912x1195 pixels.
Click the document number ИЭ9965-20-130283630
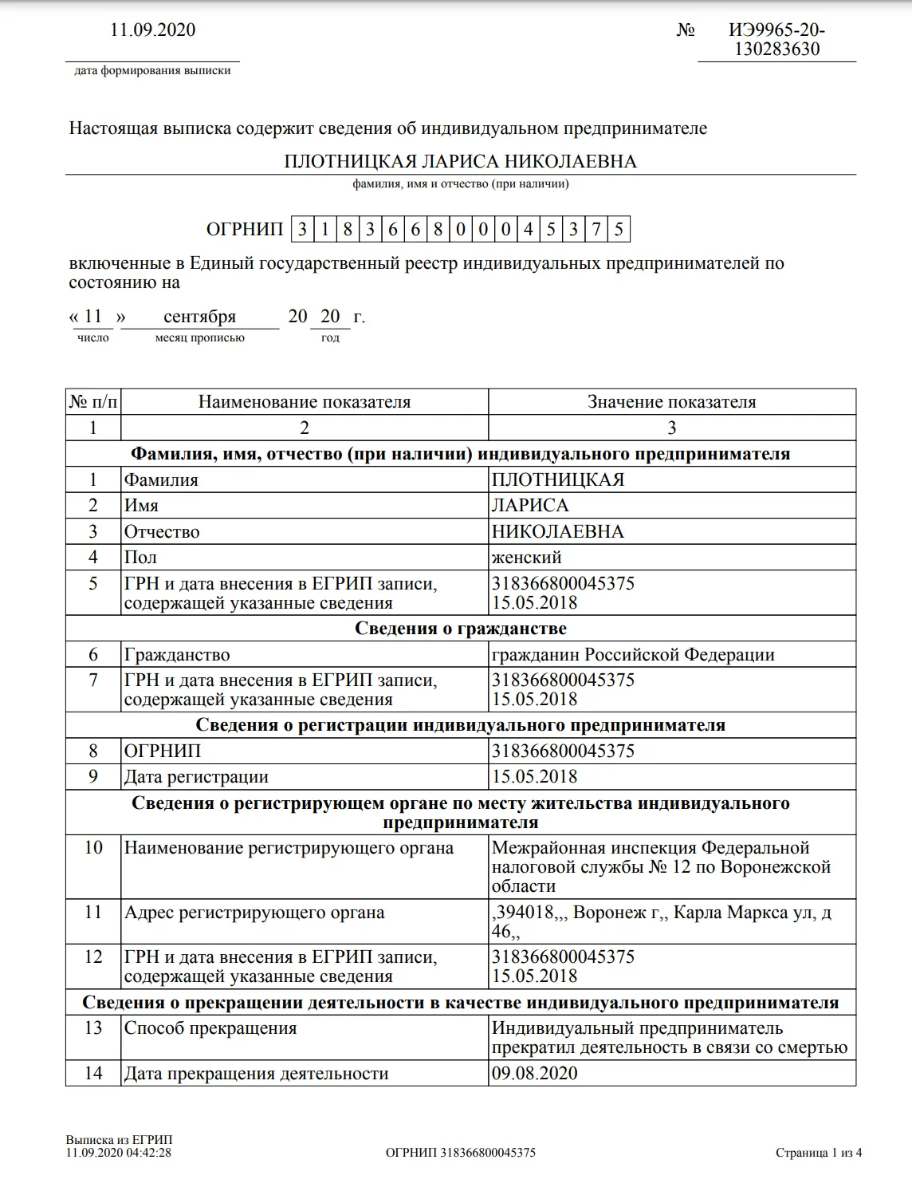point(776,39)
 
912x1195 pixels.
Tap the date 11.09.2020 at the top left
point(152,30)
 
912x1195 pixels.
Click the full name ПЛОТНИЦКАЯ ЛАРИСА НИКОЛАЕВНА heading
point(460,161)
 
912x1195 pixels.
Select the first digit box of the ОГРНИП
point(302,230)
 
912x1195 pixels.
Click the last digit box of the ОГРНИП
point(619,230)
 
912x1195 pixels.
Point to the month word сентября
point(199,317)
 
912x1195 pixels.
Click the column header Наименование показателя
point(304,402)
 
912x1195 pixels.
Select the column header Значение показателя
point(671,402)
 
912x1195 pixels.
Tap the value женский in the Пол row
point(526,558)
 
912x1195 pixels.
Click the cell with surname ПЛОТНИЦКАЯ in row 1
point(557,480)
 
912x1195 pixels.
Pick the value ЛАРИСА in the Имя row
point(530,506)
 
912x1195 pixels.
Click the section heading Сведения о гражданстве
point(460,629)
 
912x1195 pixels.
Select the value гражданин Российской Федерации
point(633,655)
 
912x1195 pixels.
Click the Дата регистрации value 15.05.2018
point(533,777)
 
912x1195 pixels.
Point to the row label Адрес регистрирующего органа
point(254,913)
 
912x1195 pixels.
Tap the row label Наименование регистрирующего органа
point(288,848)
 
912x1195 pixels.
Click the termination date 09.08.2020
point(533,1074)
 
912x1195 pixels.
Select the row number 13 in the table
point(93,1028)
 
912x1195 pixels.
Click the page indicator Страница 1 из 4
point(819,1153)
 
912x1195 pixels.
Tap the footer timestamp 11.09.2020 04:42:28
point(119,1153)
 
